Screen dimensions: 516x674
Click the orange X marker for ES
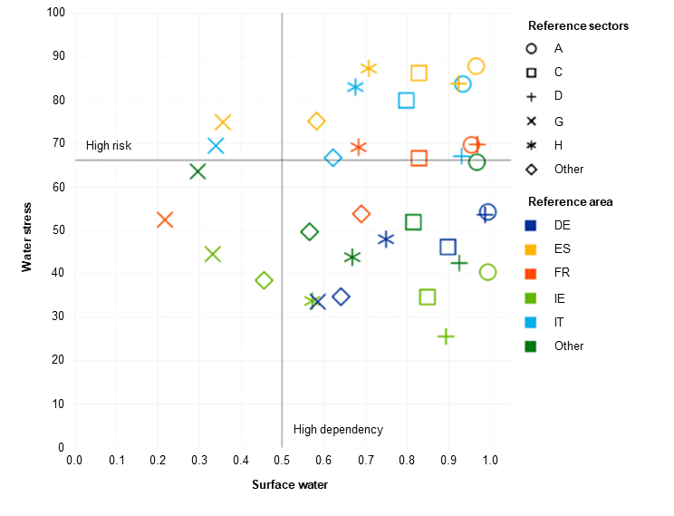(x=223, y=122)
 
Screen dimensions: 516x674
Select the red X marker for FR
(x=165, y=219)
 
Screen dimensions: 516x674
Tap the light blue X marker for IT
(x=216, y=146)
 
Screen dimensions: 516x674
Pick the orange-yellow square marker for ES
(x=419, y=73)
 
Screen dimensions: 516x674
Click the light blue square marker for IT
(x=406, y=101)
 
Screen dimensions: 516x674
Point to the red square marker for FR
(x=419, y=159)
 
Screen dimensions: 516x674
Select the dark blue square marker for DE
(x=448, y=247)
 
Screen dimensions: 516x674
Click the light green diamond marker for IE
(x=264, y=280)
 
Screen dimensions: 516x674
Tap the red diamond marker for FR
(x=361, y=214)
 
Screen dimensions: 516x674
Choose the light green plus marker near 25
(x=446, y=336)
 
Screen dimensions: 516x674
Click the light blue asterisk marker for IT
(x=355, y=87)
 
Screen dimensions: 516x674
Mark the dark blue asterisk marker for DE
(x=386, y=239)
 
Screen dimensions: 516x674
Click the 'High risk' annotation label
(x=109, y=146)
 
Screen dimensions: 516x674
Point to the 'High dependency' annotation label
(x=338, y=430)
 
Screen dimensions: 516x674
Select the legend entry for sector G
(x=558, y=121)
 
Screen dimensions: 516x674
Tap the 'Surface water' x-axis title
(x=290, y=485)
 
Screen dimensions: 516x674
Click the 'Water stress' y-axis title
(x=28, y=236)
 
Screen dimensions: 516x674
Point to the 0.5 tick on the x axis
(x=282, y=461)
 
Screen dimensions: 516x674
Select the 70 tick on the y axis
(x=59, y=143)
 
